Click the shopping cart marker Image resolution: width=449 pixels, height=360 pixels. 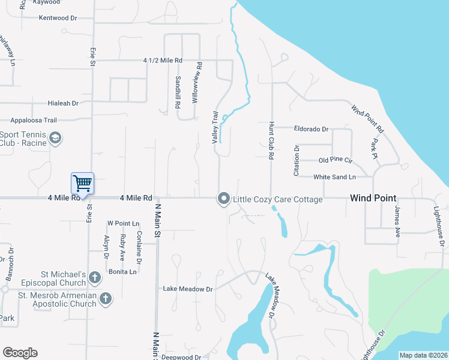[x=82, y=182]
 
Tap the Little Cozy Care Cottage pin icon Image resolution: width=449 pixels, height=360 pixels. [x=224, y=198]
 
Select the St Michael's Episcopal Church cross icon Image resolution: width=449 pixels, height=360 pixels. [x=95, y=277]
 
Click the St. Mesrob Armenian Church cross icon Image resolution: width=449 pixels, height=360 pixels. [x=106, y=298]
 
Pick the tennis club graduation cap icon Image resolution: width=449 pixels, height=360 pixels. [x=55, y=139]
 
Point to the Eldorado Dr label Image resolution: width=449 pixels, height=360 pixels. [x=311, y=128]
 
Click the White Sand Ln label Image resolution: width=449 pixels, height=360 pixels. [x=334, y=176]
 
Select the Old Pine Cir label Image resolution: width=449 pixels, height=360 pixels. [x=335, y=160]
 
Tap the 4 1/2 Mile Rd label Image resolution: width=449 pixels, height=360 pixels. [x=162, y=61]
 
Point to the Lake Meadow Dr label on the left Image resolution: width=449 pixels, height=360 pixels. [x=188, y=289]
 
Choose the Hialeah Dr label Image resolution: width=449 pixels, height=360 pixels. [x=59, y=103]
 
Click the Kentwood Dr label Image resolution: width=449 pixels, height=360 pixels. [x=58, y=18]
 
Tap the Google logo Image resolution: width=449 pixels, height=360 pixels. [x=20, y=353]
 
